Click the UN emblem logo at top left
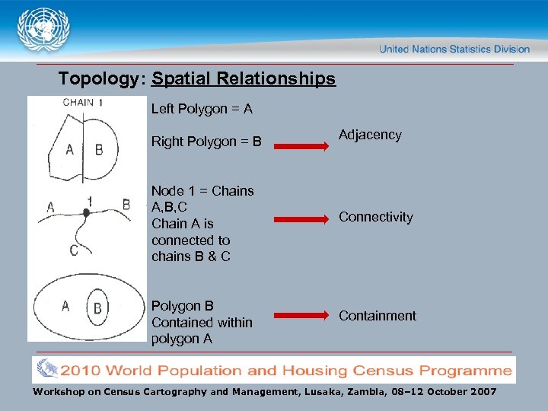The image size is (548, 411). click(43, 29)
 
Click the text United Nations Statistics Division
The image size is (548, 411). click(454, 49)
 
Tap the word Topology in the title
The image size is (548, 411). click(98, 78)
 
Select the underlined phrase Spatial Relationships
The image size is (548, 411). click(244, 78)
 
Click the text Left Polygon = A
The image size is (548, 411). click(202, 109)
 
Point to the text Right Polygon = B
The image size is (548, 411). click(206, 142)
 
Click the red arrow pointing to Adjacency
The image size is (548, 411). click(301, 142)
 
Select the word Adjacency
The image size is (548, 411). click(370, 135)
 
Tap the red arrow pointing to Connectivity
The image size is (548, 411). click(301, 219)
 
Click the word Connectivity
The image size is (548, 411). click(376, 217)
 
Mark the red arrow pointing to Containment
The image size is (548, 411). click(301, 315)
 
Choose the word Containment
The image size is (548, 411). click(378, 315)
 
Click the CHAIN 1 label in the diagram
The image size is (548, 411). click(83, 102)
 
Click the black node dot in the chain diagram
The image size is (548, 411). click(86, 214)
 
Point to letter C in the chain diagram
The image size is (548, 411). click(74, 250)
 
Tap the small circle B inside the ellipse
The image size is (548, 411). click(97, 307)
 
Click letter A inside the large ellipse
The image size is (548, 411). click(65, 306)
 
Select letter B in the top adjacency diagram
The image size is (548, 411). click(99, 150)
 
